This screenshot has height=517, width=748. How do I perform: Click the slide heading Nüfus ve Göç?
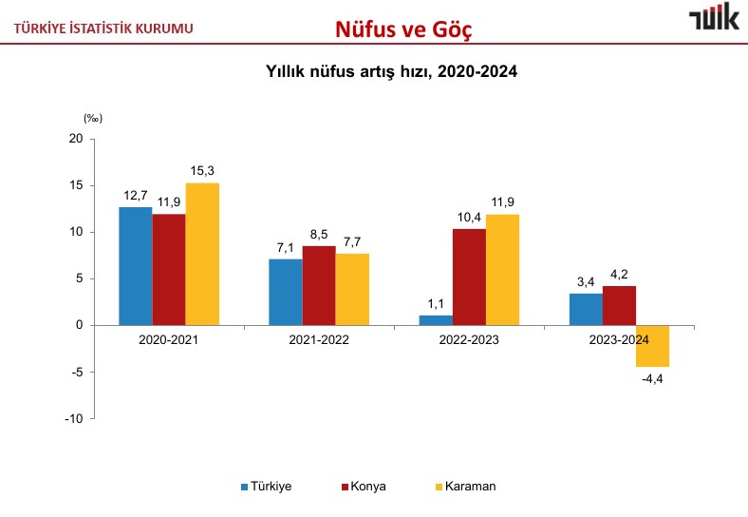click(403, 30)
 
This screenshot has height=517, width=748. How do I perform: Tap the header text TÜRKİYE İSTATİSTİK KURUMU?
click(103, 28)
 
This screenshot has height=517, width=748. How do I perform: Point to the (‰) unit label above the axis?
click(92, 119)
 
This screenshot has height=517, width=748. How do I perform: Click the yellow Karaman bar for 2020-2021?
click(202, 254)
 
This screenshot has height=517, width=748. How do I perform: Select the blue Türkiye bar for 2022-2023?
click(436, 320)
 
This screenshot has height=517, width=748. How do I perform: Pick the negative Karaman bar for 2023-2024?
click(652, 346)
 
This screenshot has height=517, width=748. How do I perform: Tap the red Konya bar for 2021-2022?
click(319, 285)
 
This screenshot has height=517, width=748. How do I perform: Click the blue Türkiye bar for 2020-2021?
click(136, 266)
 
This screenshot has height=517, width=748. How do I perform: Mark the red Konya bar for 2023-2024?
click(619, 305)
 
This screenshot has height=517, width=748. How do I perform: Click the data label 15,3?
click(202, 171)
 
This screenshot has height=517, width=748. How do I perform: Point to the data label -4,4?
click(652, 380)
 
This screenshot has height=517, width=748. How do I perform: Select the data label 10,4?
click(469, 217)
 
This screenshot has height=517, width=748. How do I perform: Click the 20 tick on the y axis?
click(76, 139)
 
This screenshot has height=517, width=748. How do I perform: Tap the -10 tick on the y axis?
click(74, 418)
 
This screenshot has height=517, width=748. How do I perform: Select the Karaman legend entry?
click(465, 487)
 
